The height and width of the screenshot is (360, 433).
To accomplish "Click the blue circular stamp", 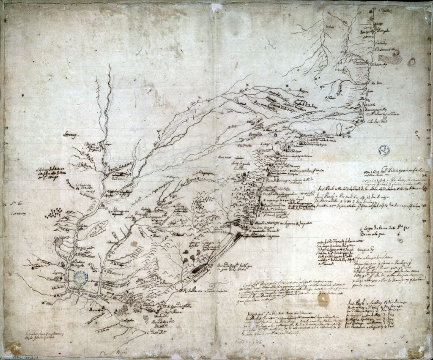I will (79, 277).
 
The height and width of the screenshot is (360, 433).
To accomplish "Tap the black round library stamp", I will (384, 150).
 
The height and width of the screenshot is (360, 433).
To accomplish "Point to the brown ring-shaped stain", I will (323, 299).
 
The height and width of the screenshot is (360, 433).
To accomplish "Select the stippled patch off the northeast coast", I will (395, 60).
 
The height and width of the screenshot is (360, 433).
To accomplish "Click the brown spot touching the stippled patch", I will (411, 62).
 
